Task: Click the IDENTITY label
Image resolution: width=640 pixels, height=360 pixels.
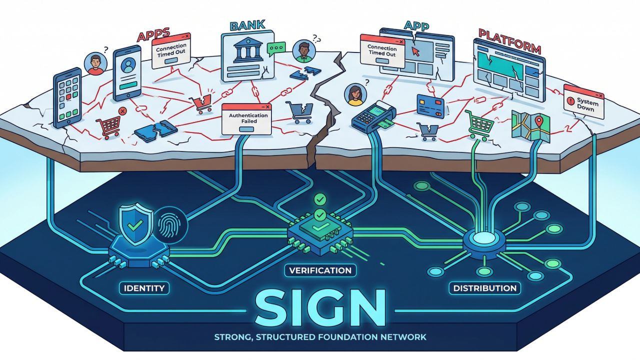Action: click(144, 288)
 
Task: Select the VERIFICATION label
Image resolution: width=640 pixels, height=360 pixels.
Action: click(320, 270)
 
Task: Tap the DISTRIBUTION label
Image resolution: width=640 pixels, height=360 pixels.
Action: click(484, 288)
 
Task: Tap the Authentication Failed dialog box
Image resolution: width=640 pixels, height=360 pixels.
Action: click(246, 119)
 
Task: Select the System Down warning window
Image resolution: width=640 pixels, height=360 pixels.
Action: click(583, 102)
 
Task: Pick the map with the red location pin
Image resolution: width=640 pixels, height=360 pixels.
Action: click(531, 126)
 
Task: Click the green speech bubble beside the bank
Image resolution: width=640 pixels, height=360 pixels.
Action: click(275, 48)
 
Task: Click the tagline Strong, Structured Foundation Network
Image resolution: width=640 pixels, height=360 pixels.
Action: click(320, 337)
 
